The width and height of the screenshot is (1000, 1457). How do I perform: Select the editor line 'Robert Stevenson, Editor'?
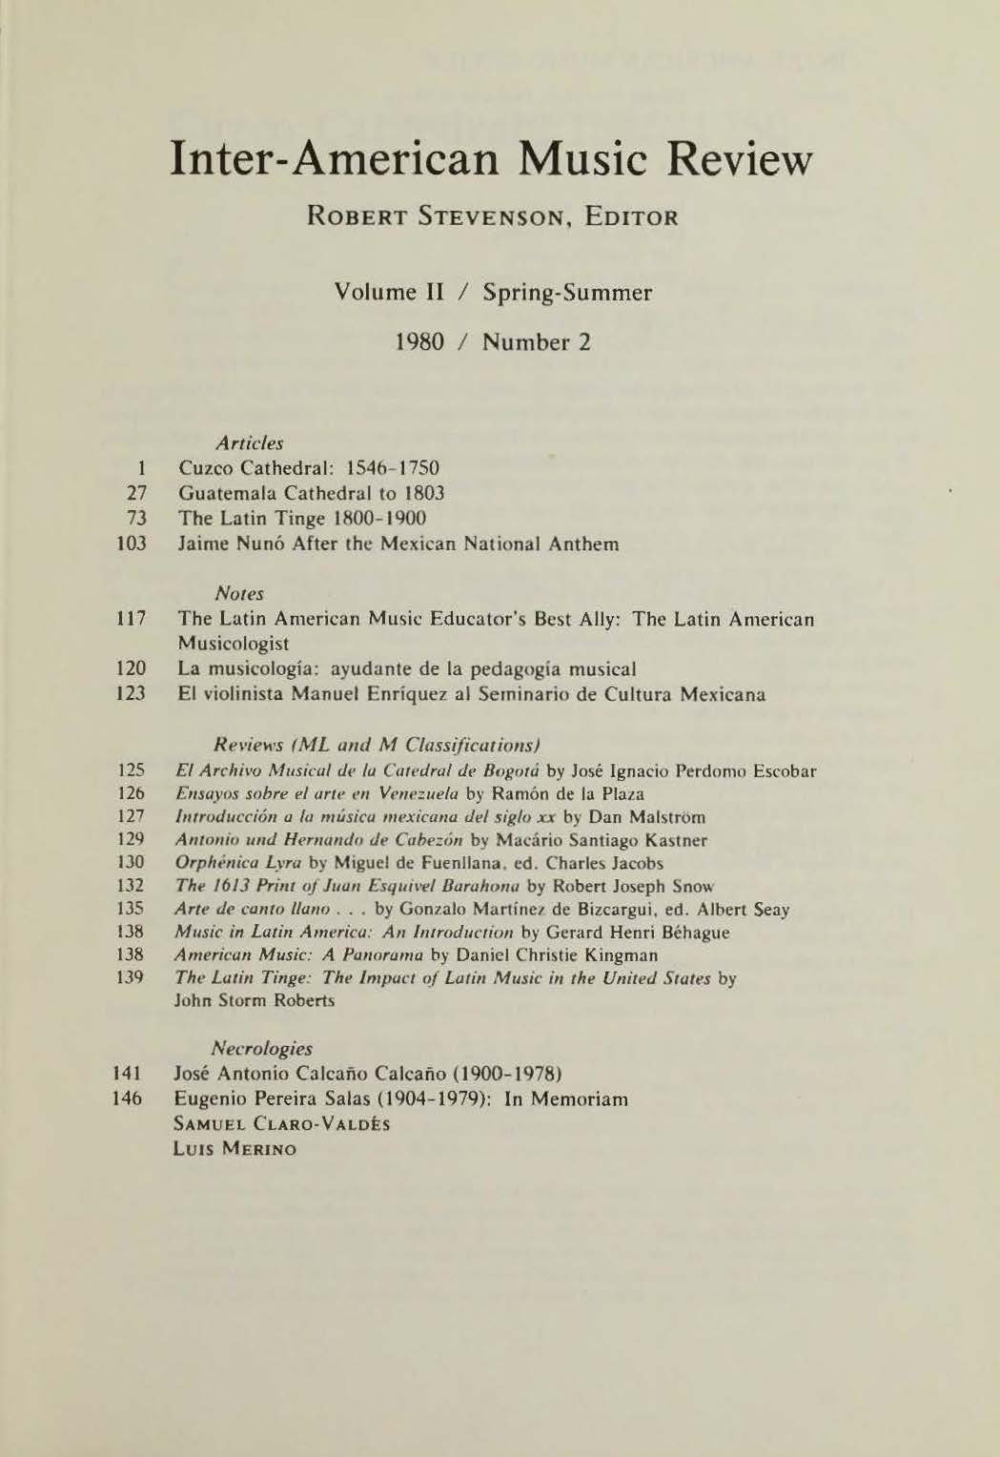tap(492, 217)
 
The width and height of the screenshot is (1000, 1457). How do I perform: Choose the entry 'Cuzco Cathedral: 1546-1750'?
tap(309, 469)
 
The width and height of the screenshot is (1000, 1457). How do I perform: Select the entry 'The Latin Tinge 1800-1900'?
tap(302, 519)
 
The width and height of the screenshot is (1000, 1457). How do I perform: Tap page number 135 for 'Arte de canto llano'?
tap(133, 910)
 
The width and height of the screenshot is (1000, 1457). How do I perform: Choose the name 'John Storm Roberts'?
tap(255, 1001)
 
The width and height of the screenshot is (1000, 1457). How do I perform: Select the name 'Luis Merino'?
tap(235, 1149)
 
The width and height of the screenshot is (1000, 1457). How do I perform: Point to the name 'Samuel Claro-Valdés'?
tap(281, 1124)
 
